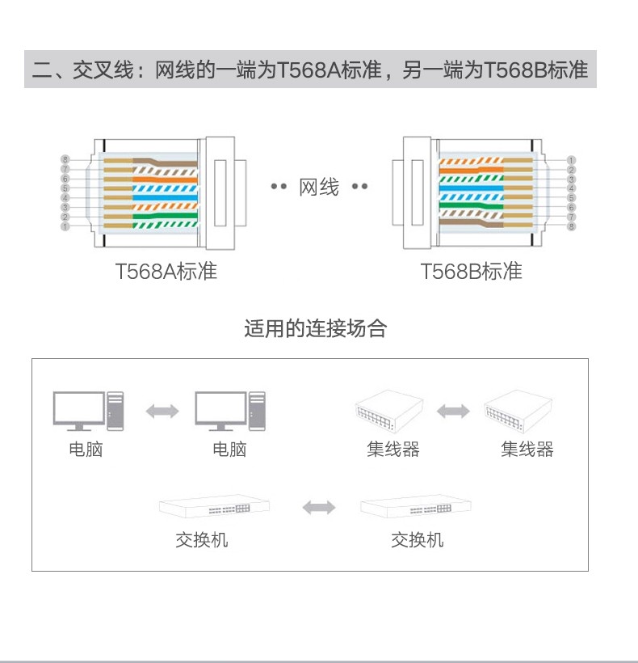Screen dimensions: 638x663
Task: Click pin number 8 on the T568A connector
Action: pyautogui.click(x=65, y=159)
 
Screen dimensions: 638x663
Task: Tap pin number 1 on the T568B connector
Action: pyautogui.click(x=571, y=160)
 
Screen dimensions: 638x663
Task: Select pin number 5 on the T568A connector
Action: pyautogui.click(x=65, y=188)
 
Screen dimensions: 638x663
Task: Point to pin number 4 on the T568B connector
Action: pyautogui.click(x=571, y=188)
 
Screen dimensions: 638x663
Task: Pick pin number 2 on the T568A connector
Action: pyautogui.click(x=65, y=217)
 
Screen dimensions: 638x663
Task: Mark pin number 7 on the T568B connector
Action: pyautogui.click(x=571, y=217)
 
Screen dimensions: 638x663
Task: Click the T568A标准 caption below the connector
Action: pyautogui.click(x=166, y=271)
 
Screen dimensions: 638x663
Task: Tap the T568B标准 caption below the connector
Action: pyautogui.click(x=471, y=271)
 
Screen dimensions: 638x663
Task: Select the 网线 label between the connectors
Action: pyautogui.click(x=319, y=187)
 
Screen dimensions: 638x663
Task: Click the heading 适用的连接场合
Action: pyautogui.click(x=316, y=328)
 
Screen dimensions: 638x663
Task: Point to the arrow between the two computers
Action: pyautogui.click(x=162, y=411)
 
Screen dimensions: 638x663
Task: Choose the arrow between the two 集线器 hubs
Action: pyautogui.click(x=453, y=411)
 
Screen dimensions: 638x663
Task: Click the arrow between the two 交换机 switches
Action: pyautogui.click(x=319, y=508)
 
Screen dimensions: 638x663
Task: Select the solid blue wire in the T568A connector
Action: pyautogui.click(x=165, y=197)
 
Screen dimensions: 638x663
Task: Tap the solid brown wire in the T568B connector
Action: pyautogui.click(x=471, y=223)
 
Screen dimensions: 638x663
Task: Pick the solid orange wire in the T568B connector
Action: pyautogui.click(x=471, y=170)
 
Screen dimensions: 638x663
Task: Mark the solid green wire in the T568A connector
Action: pyautogui.click(x=165, y=216)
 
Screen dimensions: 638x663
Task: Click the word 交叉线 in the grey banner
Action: pyautogui.click(x=103, y=70)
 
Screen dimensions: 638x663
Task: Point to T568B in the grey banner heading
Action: pyautogui.click(x=515, y=70)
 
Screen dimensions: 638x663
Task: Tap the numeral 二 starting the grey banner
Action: pyautogui.click(x=42, y=70)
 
